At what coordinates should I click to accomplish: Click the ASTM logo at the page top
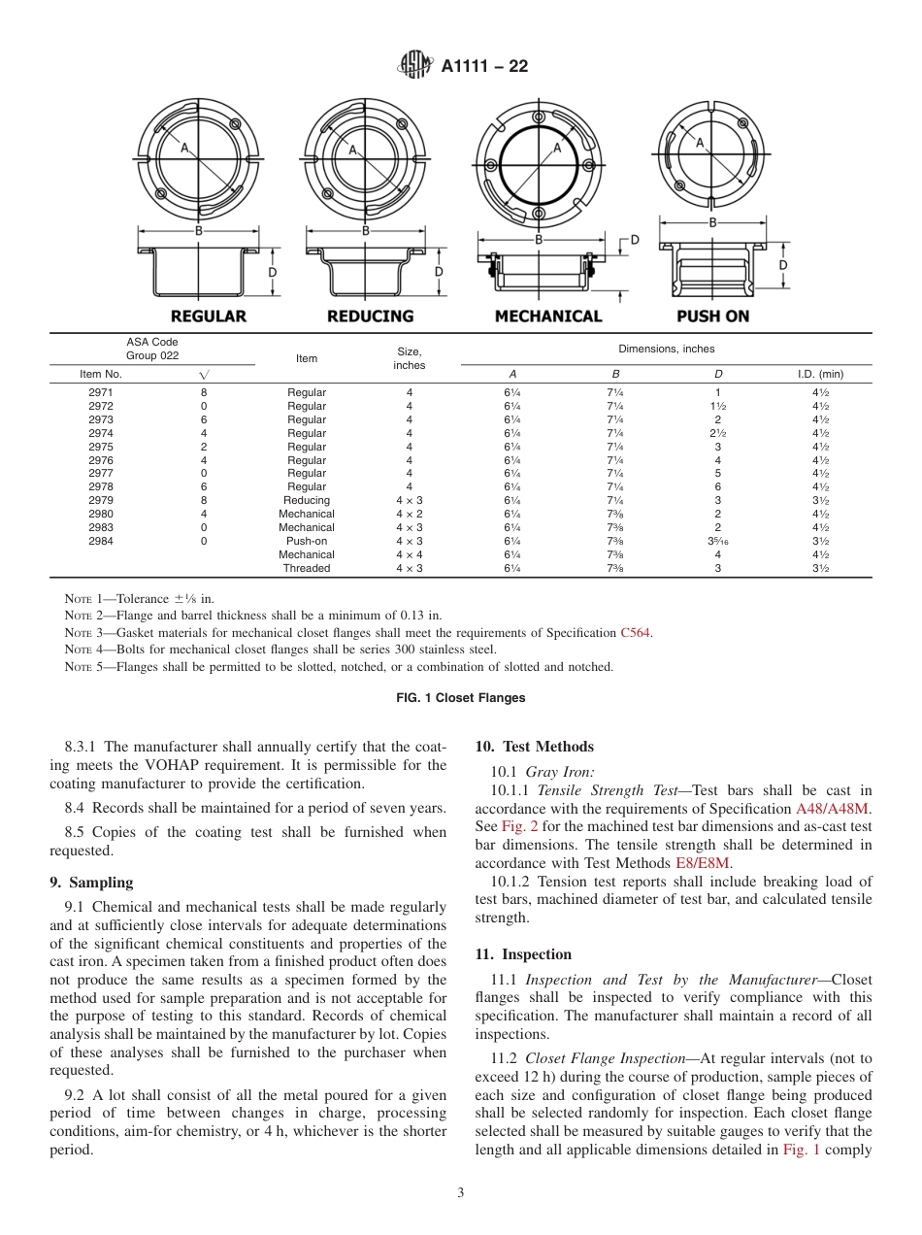point(415,66)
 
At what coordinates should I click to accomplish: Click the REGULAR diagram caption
point(209,317)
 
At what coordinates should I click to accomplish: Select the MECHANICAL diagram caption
point(548,317)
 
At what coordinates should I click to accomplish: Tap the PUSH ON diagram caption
point(712,317)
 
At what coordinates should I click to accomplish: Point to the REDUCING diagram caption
point(370,317)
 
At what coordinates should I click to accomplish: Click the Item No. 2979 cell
point(100,500)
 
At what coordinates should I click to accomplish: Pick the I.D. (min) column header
point(820,374)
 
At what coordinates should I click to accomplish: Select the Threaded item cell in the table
point(307,568)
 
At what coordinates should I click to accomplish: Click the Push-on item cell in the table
point(307,541)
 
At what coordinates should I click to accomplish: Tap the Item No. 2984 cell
point(100,541)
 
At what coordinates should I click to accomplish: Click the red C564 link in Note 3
point(636,633)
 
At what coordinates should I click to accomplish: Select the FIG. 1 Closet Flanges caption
point(460,697)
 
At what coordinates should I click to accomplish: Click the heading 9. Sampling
point(91,883)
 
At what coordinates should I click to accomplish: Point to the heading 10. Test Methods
point(534,747)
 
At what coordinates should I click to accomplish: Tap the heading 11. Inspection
point(523,954)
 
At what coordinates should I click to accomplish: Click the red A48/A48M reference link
point(834,809)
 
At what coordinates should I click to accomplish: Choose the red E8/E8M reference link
point(703,862)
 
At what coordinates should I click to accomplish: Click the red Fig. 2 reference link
point(514,826)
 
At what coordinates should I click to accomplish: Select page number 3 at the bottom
point(460,1193)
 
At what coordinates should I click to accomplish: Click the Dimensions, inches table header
point(666,349)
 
